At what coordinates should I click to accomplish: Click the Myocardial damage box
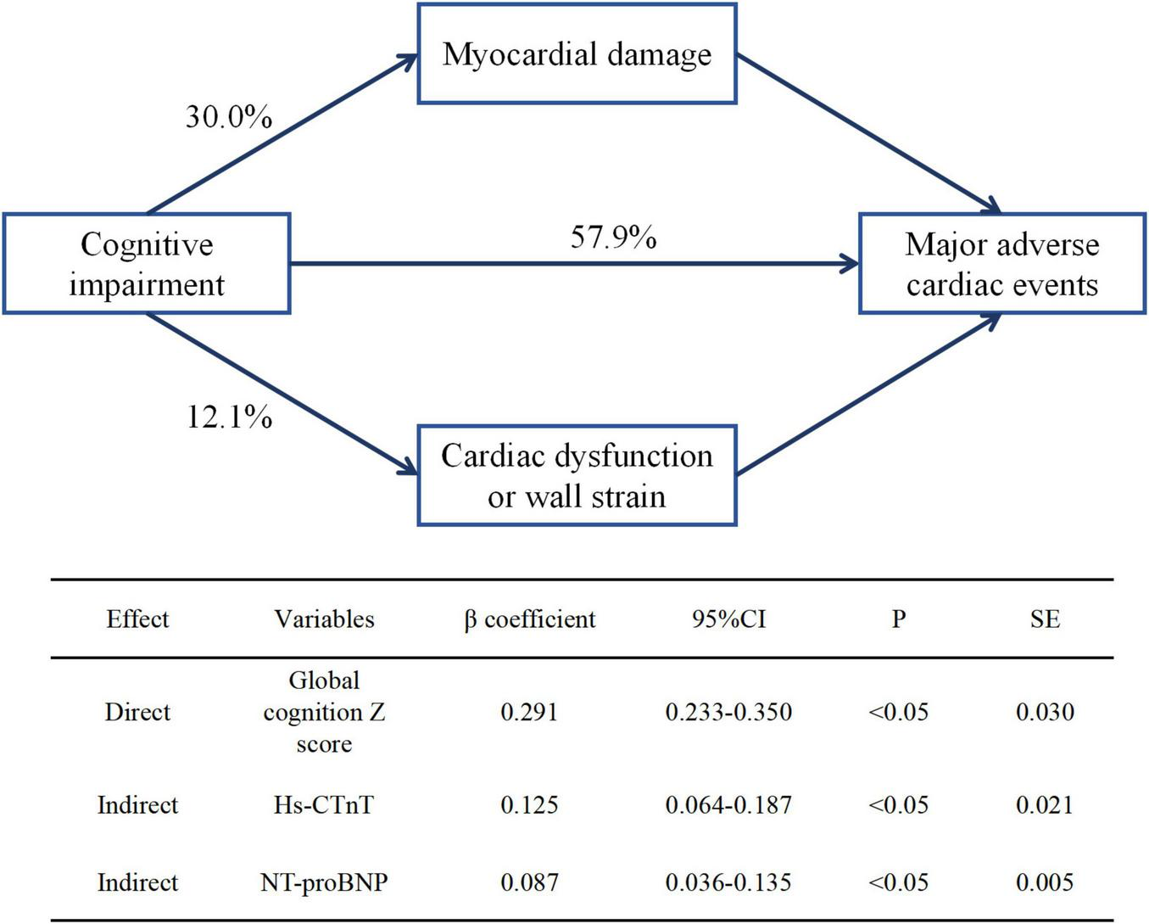[x=577, y=54]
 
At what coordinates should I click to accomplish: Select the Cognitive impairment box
[x=147, y=264]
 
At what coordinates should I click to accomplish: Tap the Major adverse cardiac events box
[x=1002, y=264]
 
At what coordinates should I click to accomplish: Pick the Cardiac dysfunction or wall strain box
[x=577, y=476]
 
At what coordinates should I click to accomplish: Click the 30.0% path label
[x=229, y=117]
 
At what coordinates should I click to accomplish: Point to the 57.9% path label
[x=613, y=237]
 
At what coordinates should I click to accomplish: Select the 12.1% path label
[x=229, y=417]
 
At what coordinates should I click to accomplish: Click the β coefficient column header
[x=529, y=619]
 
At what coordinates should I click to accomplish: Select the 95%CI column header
[x=728, y=619]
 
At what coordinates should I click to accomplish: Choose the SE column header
[x=1045, y=619]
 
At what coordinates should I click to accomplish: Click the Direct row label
[x=137, y=712]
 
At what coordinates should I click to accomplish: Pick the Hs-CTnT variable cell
[x=324, y=804]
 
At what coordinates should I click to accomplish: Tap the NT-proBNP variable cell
[x=324, y=882]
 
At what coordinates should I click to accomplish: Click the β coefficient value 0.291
[x=529, y=712]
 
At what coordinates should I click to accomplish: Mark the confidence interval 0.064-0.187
[x=728, y=804]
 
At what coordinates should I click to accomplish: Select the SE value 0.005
[x=1045, y=882]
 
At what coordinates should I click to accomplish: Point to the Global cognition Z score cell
[x=324, y=712]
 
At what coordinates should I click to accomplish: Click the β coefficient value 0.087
[x=529, y=882]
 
